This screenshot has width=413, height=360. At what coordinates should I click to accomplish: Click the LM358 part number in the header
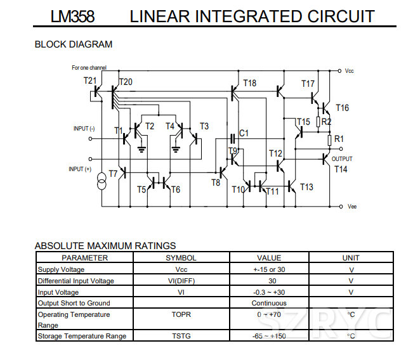click(x=73, y=16)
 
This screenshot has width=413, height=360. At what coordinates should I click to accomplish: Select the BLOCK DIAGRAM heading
click(x=73, y=44)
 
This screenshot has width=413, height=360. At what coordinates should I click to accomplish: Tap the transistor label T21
click(x=90, y=80)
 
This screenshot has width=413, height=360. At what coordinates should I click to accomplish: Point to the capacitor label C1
click(x=244, y=133)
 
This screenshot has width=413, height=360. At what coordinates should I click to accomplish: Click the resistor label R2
click(x=326, y=121)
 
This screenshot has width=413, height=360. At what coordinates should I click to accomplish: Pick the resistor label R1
click(x=339, y=139)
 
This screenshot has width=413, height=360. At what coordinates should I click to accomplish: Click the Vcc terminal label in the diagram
click(x=350, y=71)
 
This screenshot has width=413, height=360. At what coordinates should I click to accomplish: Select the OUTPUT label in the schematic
click(x=342, y=159)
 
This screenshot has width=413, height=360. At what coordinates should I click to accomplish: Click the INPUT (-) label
click(x=84, y=129)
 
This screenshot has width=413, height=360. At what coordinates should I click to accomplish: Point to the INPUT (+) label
click(x=80, y=169)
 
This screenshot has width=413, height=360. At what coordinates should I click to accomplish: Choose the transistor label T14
click(x=341, y=169)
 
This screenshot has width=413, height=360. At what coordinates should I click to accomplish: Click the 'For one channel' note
click(x=89, y=67)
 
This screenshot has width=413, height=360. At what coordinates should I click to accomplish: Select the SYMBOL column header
click(x=181, y=258)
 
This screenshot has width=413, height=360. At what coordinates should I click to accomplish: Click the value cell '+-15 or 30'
click(x=269, y=269)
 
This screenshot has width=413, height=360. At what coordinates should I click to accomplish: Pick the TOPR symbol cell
click(x=181, y=314)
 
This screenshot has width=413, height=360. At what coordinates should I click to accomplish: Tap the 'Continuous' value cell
click(x=269, y=303)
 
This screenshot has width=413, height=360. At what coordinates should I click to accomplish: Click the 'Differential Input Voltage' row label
click(x=76, y=281)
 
